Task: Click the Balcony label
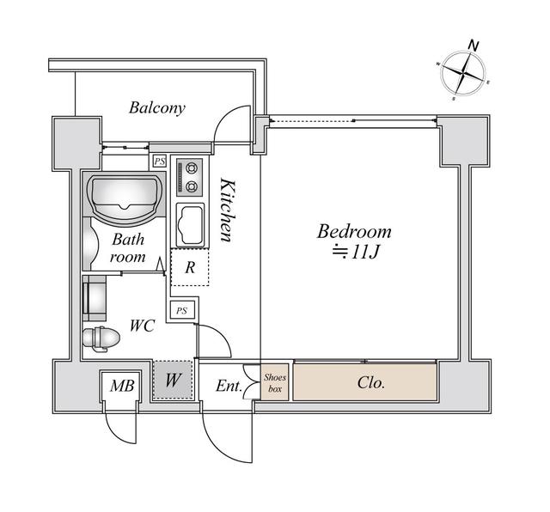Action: pos(157,108)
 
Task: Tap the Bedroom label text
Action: pos(354,231)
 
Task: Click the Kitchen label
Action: pos(226,210)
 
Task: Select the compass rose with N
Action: pos(464,72)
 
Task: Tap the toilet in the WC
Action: pos(101,338)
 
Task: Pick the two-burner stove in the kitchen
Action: pos(188,178)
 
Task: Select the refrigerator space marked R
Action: pos(189,268)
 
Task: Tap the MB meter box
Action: pos(119,386)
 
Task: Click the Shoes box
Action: pos(275,381)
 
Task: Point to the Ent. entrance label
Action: pos(228,386)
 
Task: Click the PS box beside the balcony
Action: pos(159,161)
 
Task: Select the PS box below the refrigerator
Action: pos(181,310)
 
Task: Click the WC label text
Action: pos(142,326)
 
